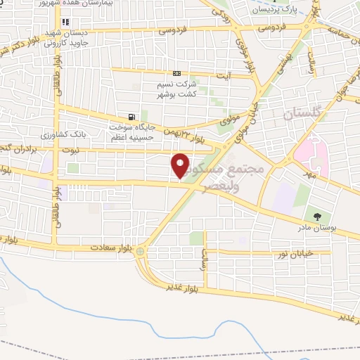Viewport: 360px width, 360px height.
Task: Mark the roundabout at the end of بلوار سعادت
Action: pyautogui.click(x=141, y=251)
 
